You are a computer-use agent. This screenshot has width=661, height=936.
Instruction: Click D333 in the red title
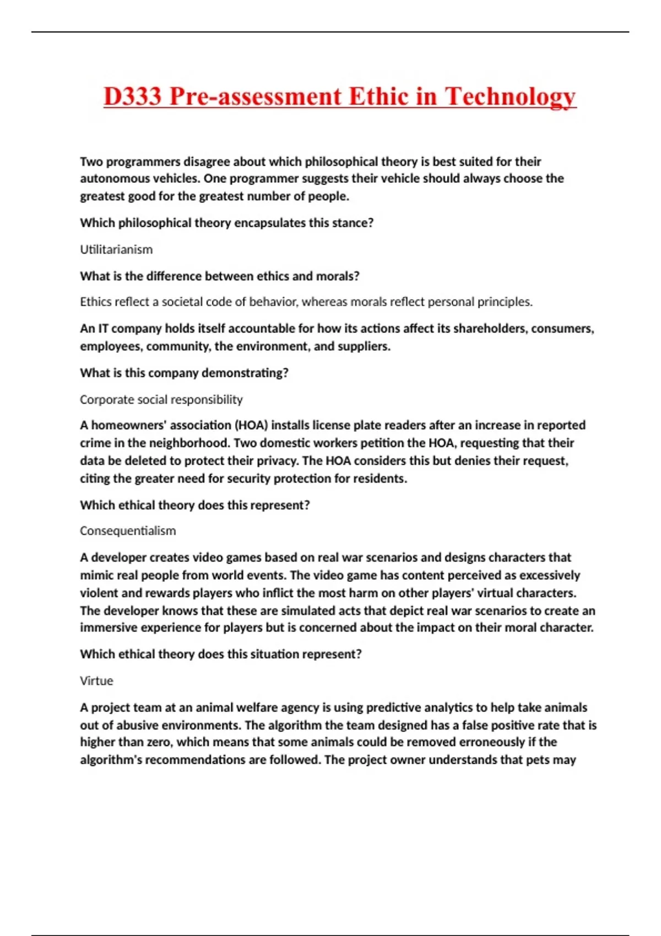(x=132, y=96)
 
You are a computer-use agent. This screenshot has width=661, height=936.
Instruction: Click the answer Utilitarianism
(x=116, y=249)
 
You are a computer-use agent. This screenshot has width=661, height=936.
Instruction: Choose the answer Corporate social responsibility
(x=161, y=399)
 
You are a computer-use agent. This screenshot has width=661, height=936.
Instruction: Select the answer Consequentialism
(x=128, y=531)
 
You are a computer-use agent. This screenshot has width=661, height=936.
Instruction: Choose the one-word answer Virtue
(x=96, y=681)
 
